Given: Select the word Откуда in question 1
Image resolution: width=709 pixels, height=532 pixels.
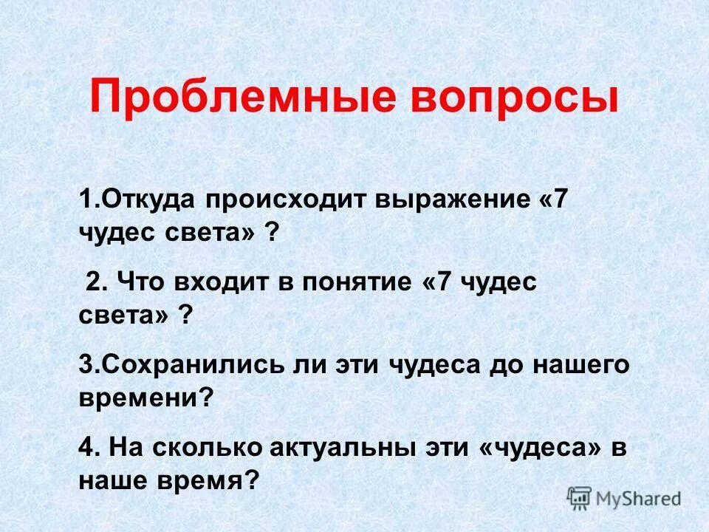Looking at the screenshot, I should (147, 201).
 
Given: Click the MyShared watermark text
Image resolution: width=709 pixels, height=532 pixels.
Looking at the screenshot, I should (640, 499).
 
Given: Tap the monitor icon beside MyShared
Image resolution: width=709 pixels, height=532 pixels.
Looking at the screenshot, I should (580, 498).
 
